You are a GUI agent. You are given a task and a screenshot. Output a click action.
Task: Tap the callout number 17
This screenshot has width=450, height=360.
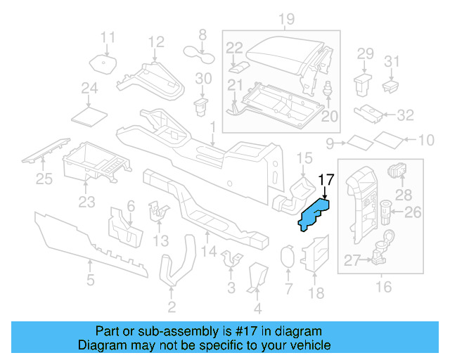326,179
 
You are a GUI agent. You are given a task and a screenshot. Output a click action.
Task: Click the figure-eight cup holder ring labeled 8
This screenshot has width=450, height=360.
201,50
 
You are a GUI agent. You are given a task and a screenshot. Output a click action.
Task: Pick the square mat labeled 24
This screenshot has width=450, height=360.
89,113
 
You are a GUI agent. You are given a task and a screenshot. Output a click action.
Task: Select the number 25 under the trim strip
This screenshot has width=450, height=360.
44,179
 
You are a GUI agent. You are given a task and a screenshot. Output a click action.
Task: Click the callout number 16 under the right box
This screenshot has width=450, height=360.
383,287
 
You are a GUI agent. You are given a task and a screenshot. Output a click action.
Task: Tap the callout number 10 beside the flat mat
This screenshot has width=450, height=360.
426,141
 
